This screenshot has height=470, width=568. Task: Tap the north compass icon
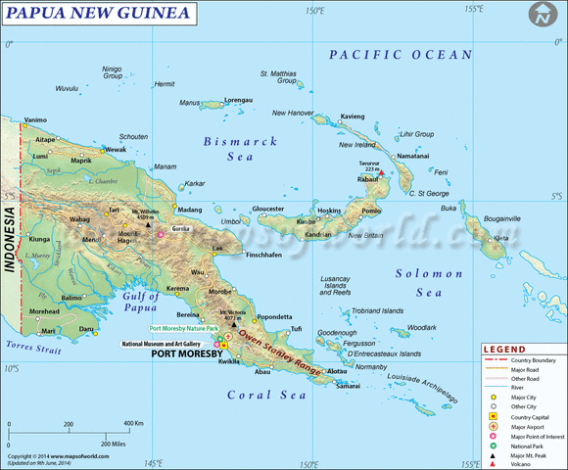click(x=542, y=15)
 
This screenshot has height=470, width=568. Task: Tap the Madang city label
click(x=191, y=210)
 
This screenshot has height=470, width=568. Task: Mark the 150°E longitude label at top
click(x=313, y=10)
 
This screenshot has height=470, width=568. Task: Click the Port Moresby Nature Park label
click(x=183, y=329)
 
